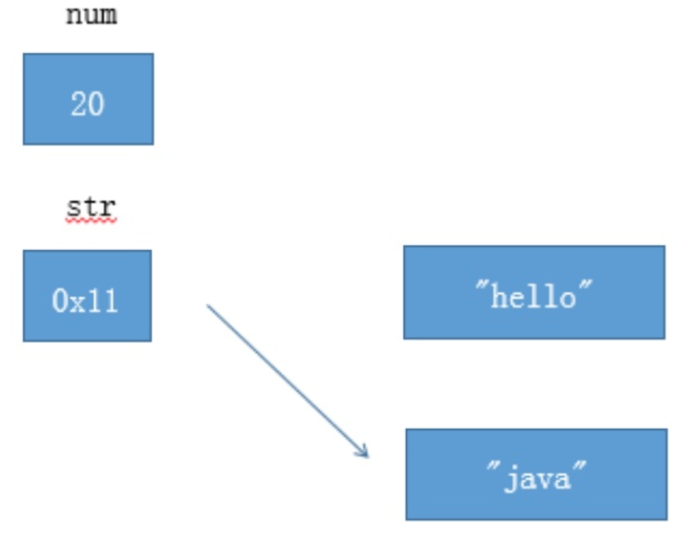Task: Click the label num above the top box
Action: (91, 15)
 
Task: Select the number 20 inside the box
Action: (88, 103)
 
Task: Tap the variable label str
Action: (91, 207)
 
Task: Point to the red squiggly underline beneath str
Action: (91, 222)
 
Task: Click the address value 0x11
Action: (85, 301)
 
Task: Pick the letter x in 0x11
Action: (79, 302)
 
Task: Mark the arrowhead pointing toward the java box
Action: (364, 452)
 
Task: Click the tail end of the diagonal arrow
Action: (209, 307)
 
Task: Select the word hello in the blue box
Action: (533, 296)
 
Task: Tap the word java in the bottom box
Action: (536, 479)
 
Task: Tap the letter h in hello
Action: (499, 296)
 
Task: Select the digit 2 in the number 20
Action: (78, 103)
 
